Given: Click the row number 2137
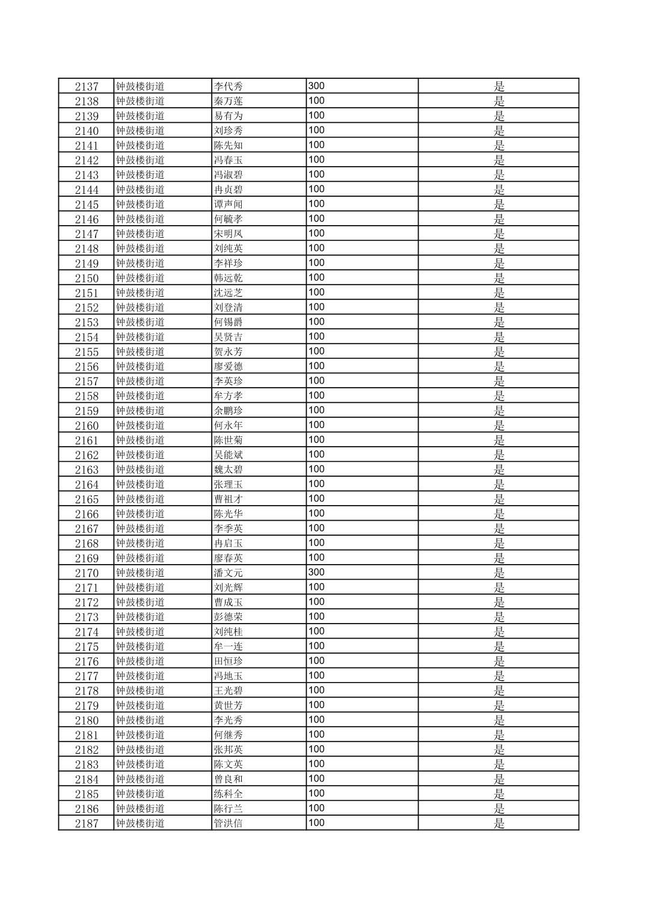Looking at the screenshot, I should (x=87, y=87).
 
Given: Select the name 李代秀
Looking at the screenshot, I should (x=228, y=87).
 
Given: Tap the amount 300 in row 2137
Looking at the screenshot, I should (x=316, y=86).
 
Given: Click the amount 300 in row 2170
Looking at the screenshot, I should (x=316, y=572).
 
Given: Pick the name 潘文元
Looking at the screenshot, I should (x=228, y=573).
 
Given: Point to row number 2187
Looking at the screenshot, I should (x=87, y=824).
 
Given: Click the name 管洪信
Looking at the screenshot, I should (x=228, y=823).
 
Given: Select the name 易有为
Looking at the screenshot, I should (x=228, y=116).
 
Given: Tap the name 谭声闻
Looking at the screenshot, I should (x=228, y=205).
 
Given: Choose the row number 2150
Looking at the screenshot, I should (x=87, y=278).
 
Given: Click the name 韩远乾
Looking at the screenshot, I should (x=228, y=278).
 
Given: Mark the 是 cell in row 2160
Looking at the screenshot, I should (x=499, y=426).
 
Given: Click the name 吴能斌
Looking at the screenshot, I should (x=228, y=455).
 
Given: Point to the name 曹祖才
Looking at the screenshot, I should (x=228, y=499).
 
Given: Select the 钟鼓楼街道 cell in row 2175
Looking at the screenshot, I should (x=140, y=647).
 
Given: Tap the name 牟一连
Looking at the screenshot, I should (x=228, y=647).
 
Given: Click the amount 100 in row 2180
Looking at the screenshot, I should (x=316, y=720).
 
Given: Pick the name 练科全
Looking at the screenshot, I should (x=228, y=794).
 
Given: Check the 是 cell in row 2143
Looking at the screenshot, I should (x=499, y=175).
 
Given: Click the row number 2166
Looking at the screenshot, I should (x=87, y=514).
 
